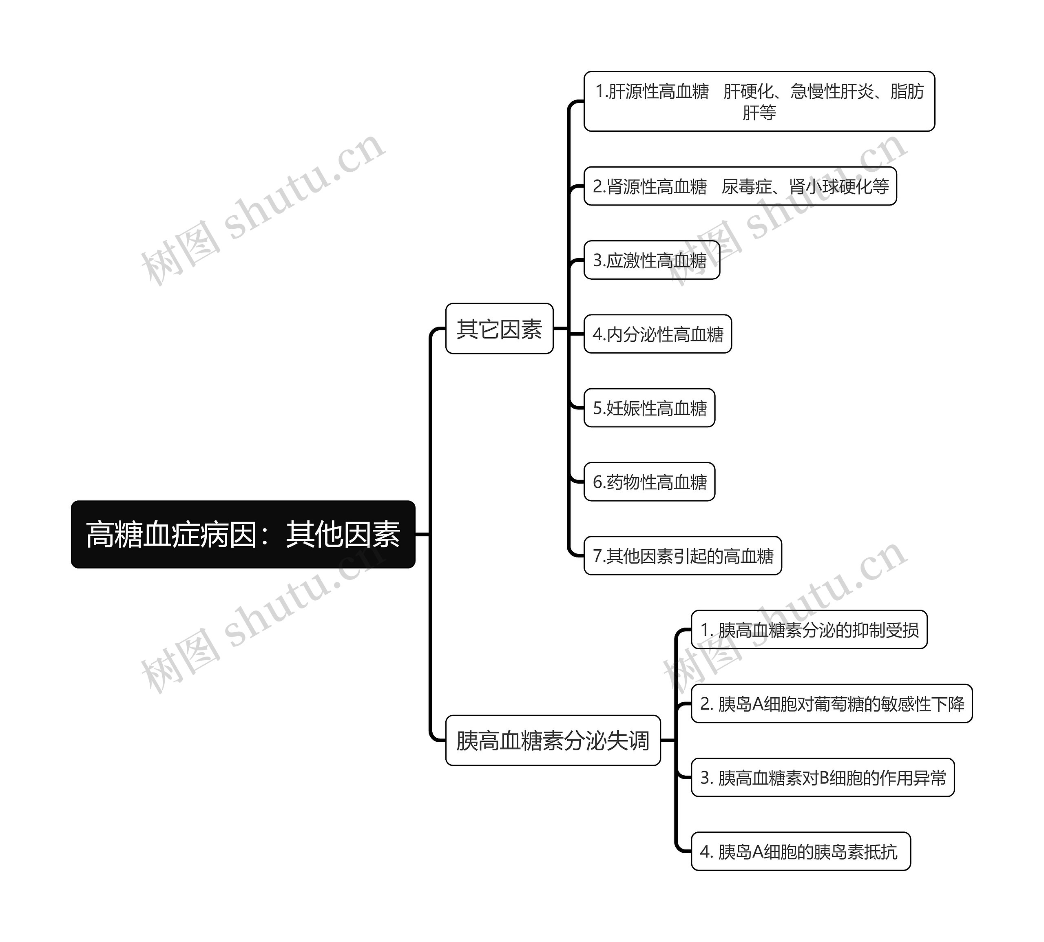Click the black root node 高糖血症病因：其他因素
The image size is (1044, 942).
243,534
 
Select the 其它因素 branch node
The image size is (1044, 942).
499,329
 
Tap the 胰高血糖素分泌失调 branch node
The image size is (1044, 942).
552,740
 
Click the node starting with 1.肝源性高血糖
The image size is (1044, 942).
759,102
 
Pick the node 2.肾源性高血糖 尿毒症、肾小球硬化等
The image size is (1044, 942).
740,186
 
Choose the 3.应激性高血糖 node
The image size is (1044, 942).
651,260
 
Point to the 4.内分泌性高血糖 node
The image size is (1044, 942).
657,334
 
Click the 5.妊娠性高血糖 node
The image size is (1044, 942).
649,408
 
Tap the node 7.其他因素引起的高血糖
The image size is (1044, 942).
682,556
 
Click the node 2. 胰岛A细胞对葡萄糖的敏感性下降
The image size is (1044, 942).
831,704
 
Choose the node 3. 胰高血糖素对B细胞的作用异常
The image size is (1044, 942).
823,777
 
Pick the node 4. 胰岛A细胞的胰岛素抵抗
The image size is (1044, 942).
800,851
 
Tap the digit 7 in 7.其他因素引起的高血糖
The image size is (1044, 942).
597,556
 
